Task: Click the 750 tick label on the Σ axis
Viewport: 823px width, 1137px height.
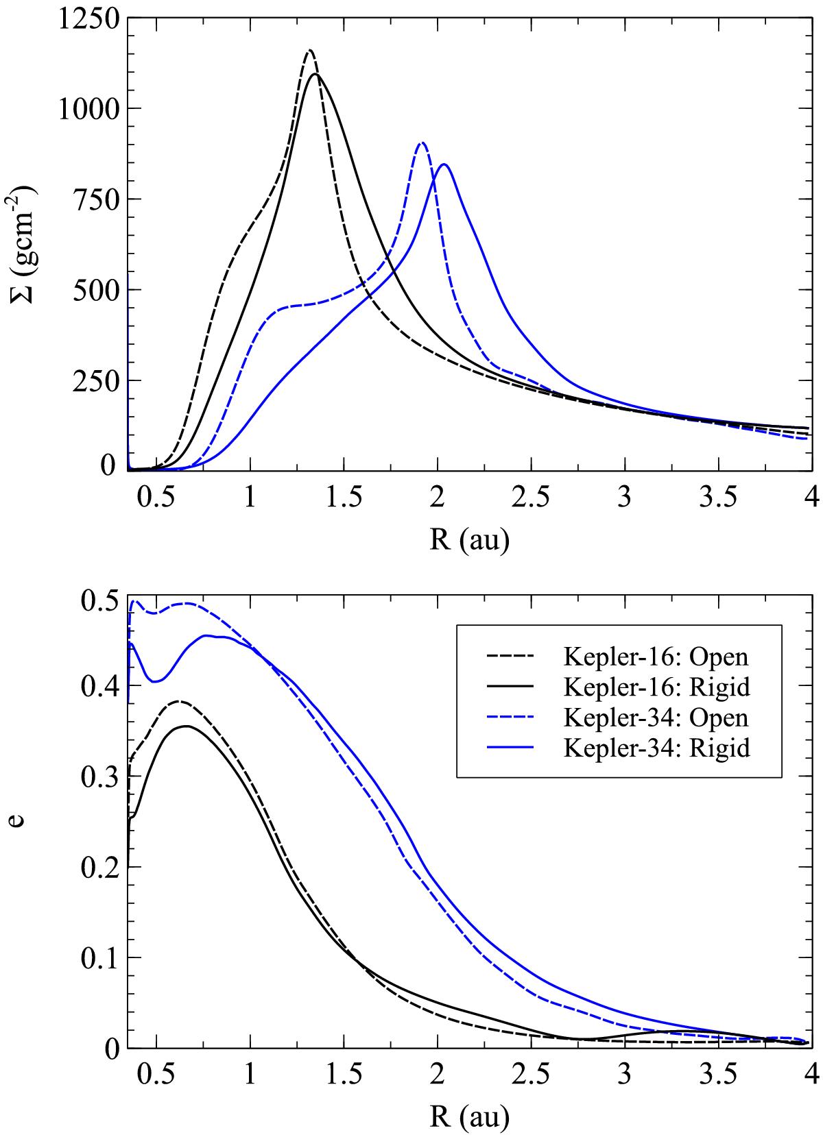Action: [x=96, y=199]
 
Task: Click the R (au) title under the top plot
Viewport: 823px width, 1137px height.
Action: [x=469, y=541]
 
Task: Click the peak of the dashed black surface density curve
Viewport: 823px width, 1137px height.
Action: [x=310, y=50]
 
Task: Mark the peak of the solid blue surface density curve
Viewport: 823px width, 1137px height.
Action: [x=444, y=164]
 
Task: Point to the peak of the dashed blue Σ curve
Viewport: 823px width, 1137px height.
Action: [x=422, y=143]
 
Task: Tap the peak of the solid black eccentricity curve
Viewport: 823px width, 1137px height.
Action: [x=185, y=726]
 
